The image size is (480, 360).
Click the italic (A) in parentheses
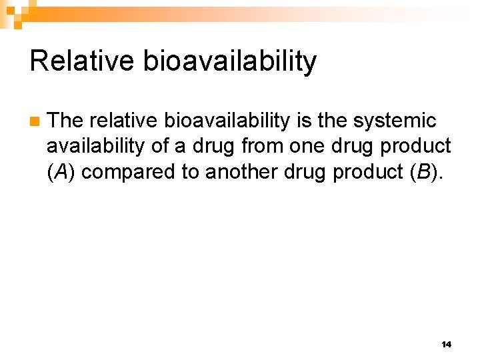click(x=62, y=172)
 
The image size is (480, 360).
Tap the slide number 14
click(x=446, y=345)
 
